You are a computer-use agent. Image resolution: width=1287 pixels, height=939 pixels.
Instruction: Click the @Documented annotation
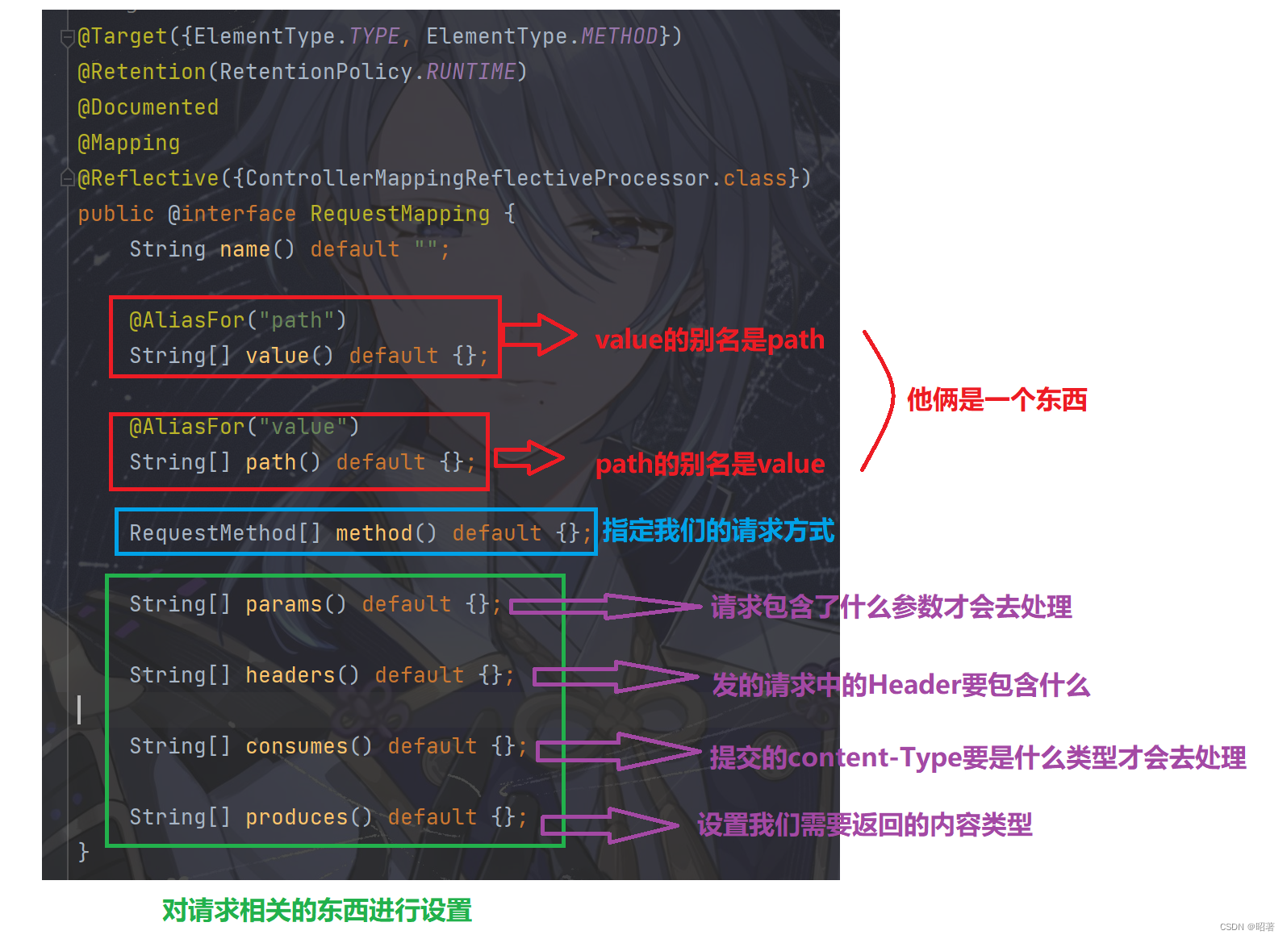pyautogui.click(x=148, y=107)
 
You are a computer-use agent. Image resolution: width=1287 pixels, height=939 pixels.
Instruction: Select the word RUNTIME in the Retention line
pyautogui.click(x=470, y=72)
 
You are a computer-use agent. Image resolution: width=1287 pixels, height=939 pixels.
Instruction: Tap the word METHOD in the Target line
pyautogui.click(x=619, y=36)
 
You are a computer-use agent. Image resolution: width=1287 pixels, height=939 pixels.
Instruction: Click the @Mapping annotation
pyautogui.click(x=129, y=143)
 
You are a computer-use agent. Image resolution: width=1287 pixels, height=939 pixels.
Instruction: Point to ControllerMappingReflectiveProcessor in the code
pyautogui.click(x=477, y=178)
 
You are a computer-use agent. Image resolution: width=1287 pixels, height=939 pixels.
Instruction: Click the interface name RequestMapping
pyautogui.click(x=399, y=214)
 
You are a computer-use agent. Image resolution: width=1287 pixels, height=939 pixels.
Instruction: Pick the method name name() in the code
pyautogui.click(x=257, y=249)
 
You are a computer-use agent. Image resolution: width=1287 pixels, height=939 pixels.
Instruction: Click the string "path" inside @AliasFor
pyautogui.click(x=297, y=320)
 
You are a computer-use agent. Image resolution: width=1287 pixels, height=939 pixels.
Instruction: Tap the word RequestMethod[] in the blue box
pyautogui.click(x=225, y=533)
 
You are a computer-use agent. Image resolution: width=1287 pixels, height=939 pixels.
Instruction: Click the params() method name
pyautogui.click(x=295, y=604)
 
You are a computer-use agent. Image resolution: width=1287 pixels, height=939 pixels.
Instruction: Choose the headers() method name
pyautogui.click(x=302, y=675)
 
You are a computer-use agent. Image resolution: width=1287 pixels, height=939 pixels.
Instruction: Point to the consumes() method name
pyautogui.click(x=308, y=746)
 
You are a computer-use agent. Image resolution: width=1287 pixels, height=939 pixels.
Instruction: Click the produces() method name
pyautogui.click(x=308, y=817)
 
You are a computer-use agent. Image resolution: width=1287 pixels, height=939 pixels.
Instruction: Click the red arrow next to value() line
pyautogui.click(x=538, y=334)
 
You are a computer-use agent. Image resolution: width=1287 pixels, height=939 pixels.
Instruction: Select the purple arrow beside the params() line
pyautogui.click(x=605, y=607)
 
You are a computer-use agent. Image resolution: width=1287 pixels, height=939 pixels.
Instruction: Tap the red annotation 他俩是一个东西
pyautogui.click(x=997, y=399)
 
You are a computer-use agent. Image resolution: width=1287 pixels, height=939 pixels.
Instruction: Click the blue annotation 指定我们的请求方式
pyautogui.click(x=718, y=531)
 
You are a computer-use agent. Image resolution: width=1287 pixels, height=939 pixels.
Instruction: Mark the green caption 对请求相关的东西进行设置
pyautogui.click(x=317, y=911)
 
